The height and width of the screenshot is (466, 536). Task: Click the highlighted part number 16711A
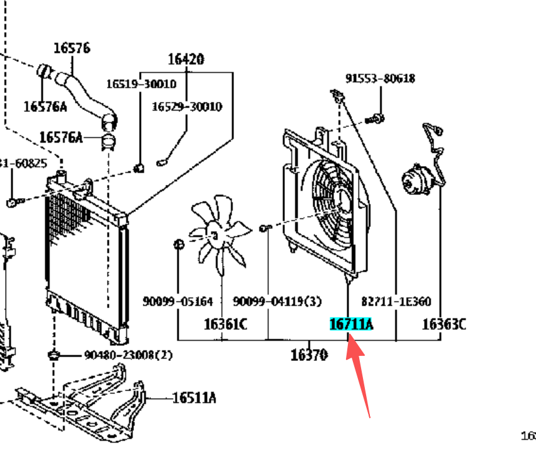pyautogui.click(x=351, y=324)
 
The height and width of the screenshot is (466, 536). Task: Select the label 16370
pyautogui.click(x=310, y=355)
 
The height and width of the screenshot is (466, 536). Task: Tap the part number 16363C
pyautogui.click(x=443, y=324)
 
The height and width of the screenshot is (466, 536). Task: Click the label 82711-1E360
pyautogui.click(x=396, y=302)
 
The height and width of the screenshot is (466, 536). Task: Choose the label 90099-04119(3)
pyautogui.click(x=277, y=302)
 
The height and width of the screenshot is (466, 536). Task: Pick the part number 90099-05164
pyautogui.click(x=177, y=302)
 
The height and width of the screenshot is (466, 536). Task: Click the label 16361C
pyautogui.click(x=225, y=324)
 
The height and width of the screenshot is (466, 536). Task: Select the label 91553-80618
pyautogui.click(x=380, y=79)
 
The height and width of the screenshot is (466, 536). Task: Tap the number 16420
pyautogui.click(x=186, y=60)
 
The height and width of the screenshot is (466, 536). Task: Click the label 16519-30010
pyautogui.click(x=141, y=84)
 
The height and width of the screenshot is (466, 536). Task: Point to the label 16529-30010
pyautogui.click(x=186, y=106)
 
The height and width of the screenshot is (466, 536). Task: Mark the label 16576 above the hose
pyautogui.click(x=71, y=47)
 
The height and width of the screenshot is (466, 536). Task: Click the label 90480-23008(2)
pyautogui.click(x=128, y=355)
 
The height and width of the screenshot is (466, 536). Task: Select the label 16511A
pyautogui.click(x=194, y=397)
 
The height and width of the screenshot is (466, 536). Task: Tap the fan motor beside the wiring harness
pyautogui.click(x=416, y=179)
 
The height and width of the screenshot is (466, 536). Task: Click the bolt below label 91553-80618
pyautogui.click(x=376, y=118)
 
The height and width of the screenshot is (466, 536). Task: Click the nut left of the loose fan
pyautogui.click(x=179, y=244)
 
